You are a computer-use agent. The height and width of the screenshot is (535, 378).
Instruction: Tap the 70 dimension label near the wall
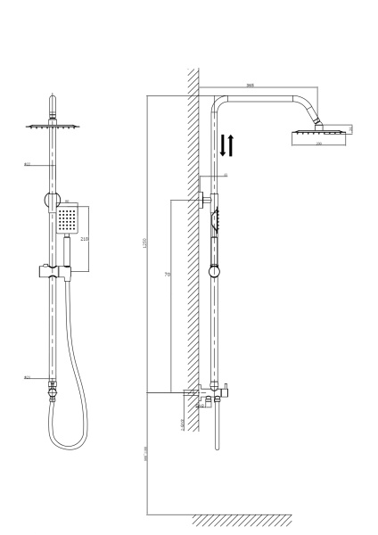[x=167, y=275]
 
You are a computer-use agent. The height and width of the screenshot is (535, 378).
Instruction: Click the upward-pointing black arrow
[x=231, y=144]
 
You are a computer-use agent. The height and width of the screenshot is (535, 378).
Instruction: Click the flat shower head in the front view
[x=53, y=127]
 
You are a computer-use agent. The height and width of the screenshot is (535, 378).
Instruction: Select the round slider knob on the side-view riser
[x=214, y=270]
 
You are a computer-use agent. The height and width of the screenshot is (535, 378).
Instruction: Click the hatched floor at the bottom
[x=241, y=520]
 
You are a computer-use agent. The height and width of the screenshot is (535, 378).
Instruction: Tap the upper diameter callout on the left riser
[x=28, y=165]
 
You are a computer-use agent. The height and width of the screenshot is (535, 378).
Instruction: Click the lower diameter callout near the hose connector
[x=28, y=378]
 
